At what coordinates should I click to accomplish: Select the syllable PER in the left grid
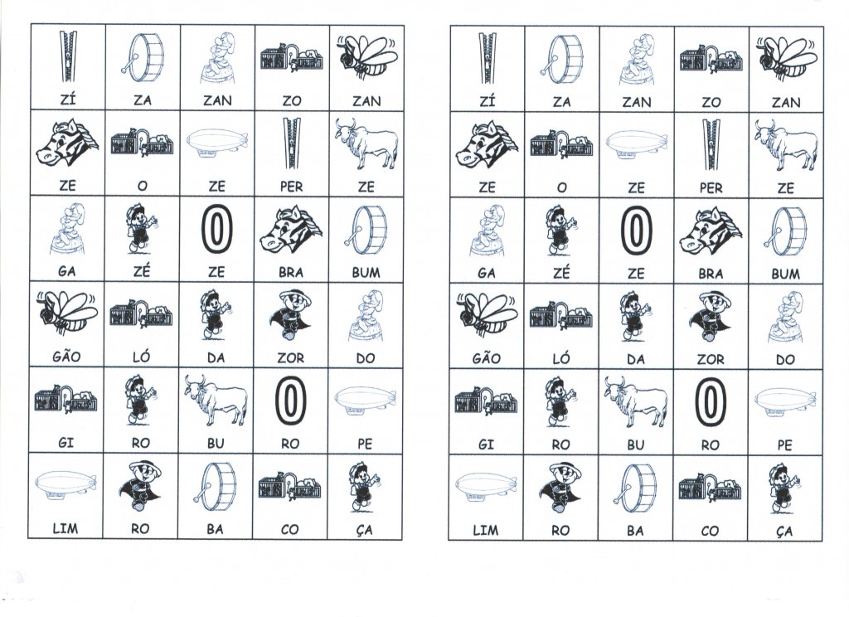(x=291, y=187)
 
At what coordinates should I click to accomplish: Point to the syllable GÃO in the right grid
(x=486, y=360)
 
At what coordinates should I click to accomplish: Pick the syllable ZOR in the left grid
(x=291, y=358)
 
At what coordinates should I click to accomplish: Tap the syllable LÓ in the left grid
(x=142, y=358)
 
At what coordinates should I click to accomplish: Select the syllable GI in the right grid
(x=486, y=445)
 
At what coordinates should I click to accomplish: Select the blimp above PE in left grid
(x=366, y=400)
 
